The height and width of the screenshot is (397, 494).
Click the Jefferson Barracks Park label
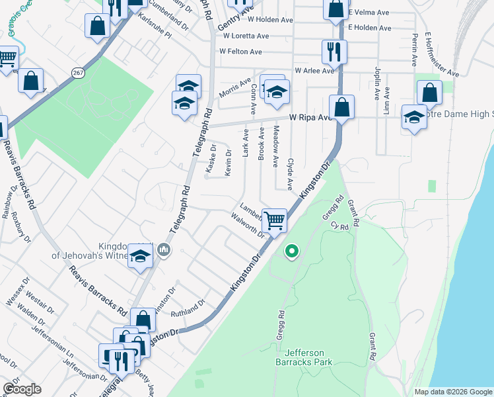[x=304, y=357]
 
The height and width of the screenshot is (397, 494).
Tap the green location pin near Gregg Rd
[x=291, y=251]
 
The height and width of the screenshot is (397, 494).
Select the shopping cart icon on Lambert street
[x=274, y=220]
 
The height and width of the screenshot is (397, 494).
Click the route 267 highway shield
[x=78, y=74]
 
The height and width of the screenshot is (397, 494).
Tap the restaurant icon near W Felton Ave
[x=334, y=52]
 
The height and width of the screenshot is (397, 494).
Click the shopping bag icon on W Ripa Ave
[x=341, y=107]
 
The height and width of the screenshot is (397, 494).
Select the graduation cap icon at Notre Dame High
[x=414, y=117]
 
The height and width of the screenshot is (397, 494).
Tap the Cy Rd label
[x=339, y=226]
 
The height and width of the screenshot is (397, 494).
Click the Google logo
[x=22, y=389]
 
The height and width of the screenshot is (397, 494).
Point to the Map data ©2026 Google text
[x=452, y=392]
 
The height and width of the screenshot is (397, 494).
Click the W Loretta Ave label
[x=244, y=36]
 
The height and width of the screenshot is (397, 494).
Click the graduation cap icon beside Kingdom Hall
[x=140, y=256]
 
